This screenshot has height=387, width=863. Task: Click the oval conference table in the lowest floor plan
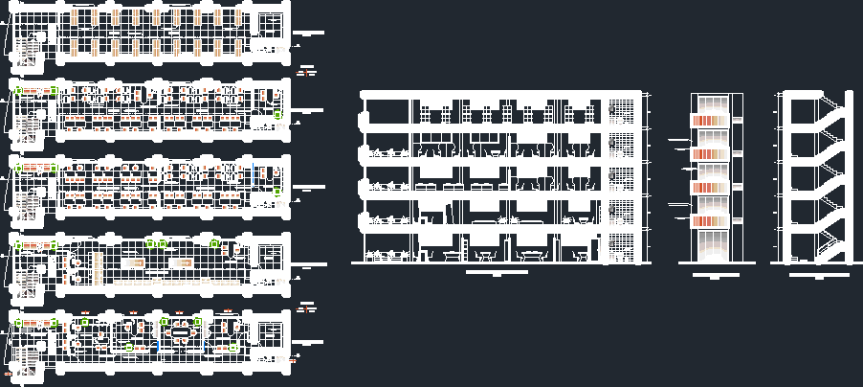[181, 332]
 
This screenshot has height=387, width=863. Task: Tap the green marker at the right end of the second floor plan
[278, 114]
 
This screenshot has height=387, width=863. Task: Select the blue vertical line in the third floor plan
[254, 176]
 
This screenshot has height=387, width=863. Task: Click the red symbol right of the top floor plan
[307, 70]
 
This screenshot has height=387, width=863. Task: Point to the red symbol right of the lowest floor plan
[307, 308]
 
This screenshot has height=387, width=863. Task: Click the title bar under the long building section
[497, 272]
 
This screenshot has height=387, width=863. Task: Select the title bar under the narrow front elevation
[712, 275]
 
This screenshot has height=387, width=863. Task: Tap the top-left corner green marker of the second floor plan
[18, 91]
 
